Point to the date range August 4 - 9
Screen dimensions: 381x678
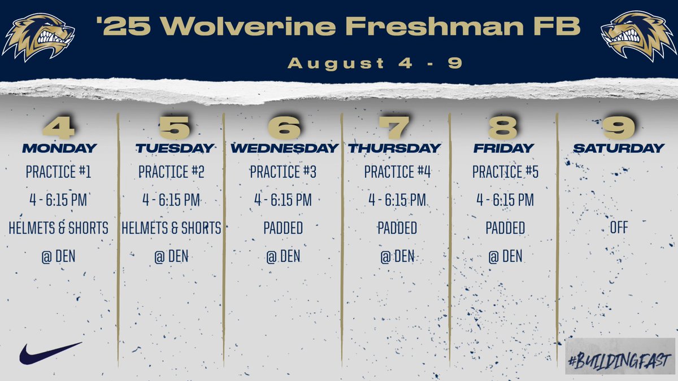click(375, 63)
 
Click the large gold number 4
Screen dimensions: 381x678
click(58, 128)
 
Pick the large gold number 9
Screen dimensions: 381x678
click(619, 128)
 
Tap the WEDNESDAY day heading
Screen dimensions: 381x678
click(284, 148)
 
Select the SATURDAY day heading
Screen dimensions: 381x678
click(619, 148)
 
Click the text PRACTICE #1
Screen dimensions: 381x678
click(58, 172)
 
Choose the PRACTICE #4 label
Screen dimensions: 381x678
click(397, 172)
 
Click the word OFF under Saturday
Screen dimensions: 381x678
click(619, 228)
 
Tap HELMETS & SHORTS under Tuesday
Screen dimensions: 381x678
click(171, 228)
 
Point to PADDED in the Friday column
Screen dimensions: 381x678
click(505, 228)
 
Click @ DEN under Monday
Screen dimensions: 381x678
click(58, 256)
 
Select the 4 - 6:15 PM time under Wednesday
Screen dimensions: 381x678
click(283, 200)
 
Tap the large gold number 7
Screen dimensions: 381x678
click(394, 128)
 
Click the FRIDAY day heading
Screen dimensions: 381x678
click(503, 148)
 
